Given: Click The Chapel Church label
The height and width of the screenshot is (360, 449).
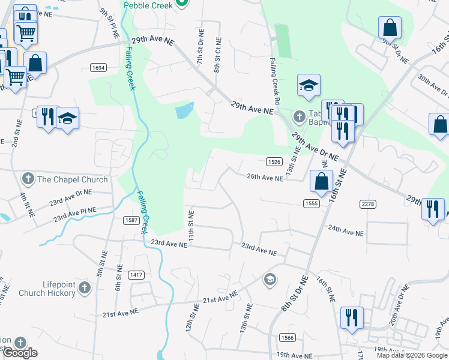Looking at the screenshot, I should (x=72, y=179).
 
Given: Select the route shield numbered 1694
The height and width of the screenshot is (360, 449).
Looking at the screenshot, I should (x=99, y=68).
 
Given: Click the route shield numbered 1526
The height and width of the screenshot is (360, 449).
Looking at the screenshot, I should (x=274, y=161).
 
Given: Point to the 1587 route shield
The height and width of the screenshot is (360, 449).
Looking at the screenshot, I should (x=132, y=220).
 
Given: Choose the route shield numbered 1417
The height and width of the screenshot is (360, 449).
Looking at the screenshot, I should (x=136, y=275).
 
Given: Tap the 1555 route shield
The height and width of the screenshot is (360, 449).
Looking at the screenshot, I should (x=310, y=203).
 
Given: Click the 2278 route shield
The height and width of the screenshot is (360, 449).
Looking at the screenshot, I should (x=368, y=205).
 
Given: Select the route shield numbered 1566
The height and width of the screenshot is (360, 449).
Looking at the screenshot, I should (x=287, y=338).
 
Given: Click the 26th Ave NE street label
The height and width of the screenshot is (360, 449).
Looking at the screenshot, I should (x=265, y=178).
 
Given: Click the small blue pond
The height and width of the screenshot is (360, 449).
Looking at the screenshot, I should (x=185, y=110).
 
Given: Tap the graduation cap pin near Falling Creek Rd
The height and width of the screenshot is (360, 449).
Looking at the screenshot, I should (x=309, y=85).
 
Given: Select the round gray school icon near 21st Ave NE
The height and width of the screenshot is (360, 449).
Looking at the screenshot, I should (x=270, y=279).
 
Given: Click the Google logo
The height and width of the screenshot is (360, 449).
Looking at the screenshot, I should (x=20, y=353).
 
